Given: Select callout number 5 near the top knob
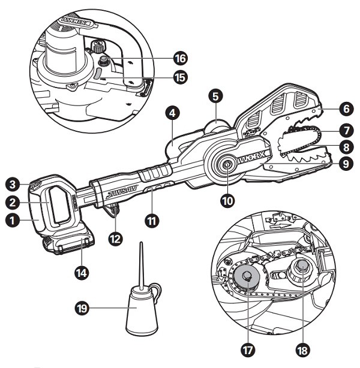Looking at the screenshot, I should point(217,95).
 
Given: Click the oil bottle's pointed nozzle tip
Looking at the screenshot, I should point(141,245).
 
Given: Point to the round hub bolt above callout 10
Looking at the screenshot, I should point(228,165).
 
